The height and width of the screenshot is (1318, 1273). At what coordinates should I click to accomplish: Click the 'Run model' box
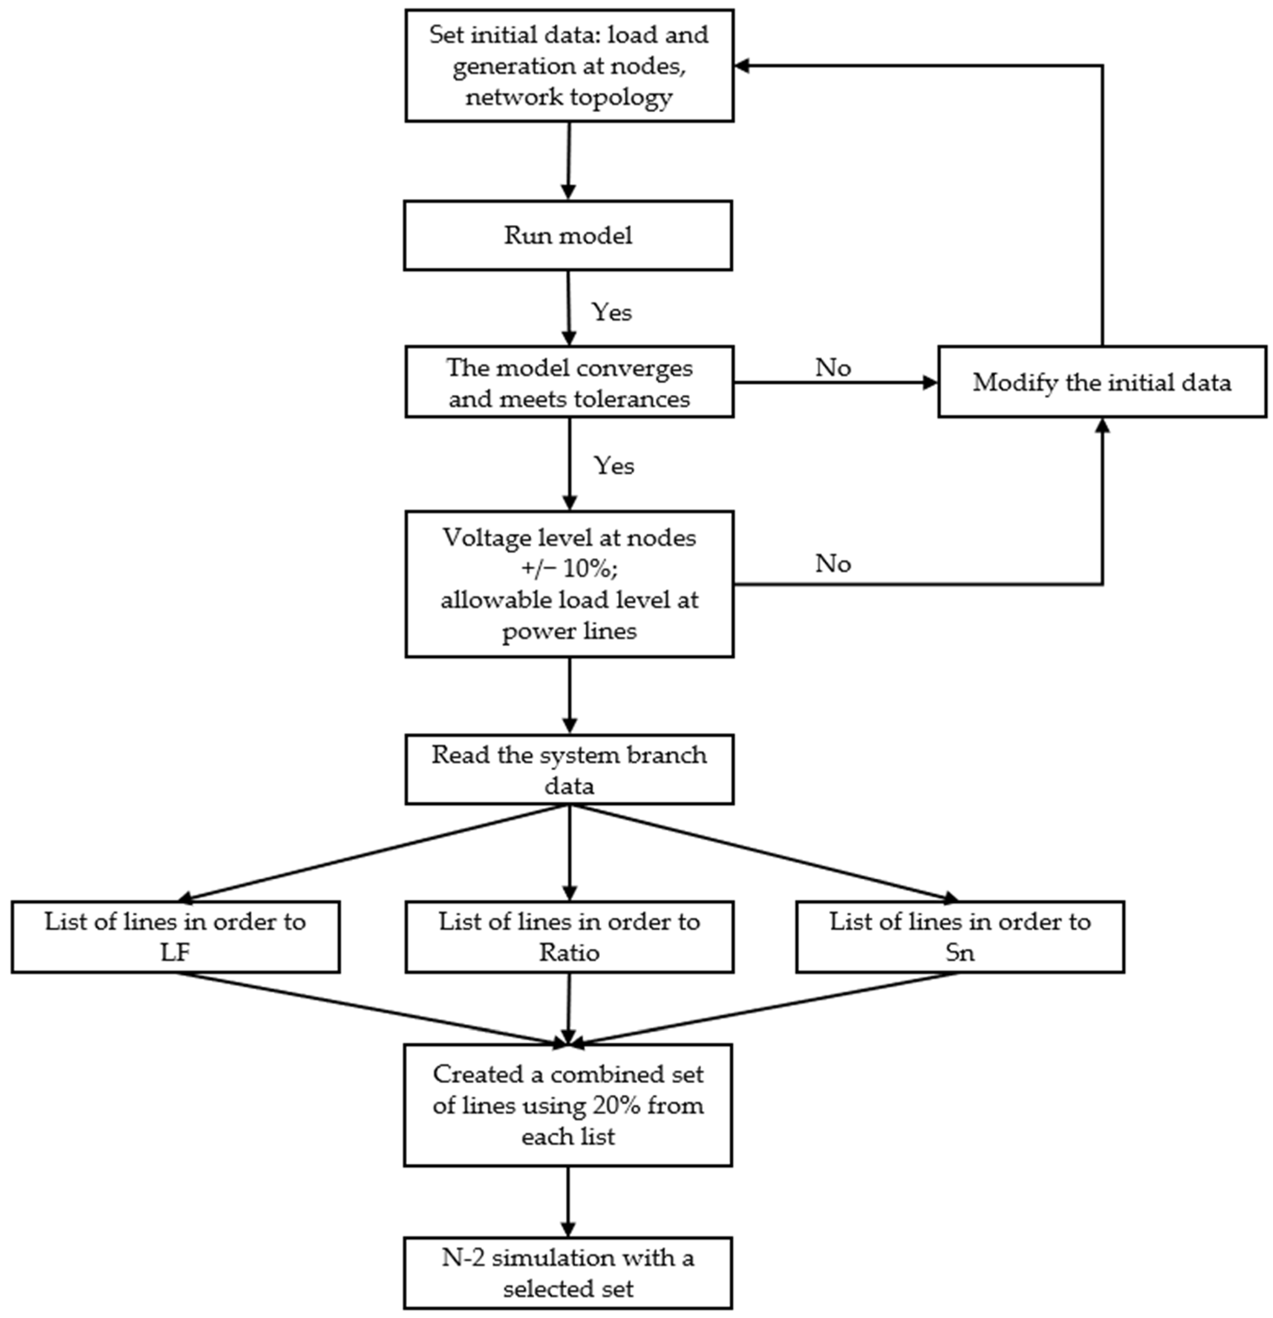pos(568,235)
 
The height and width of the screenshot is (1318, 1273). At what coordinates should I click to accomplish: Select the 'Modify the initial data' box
pos(1101,382)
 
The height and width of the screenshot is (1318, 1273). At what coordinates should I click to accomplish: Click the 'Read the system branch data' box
pos(569,769)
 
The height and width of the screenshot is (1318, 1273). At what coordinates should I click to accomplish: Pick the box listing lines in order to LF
pos(175,937)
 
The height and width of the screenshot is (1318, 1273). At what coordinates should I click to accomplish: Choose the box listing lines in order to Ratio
pos(569,937)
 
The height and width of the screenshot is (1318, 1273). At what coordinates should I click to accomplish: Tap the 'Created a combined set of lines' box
pos(568,1105)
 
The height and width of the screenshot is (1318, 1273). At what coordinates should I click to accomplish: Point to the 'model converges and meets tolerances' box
pos(569,382)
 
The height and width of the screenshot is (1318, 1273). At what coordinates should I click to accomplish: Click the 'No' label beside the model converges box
pos(833,368)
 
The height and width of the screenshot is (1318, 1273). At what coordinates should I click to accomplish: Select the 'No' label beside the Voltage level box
pos(833,563)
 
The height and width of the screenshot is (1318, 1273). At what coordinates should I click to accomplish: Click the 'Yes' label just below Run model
pos(611,312)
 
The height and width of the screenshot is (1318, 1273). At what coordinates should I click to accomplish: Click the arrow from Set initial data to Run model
pos(569,161)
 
